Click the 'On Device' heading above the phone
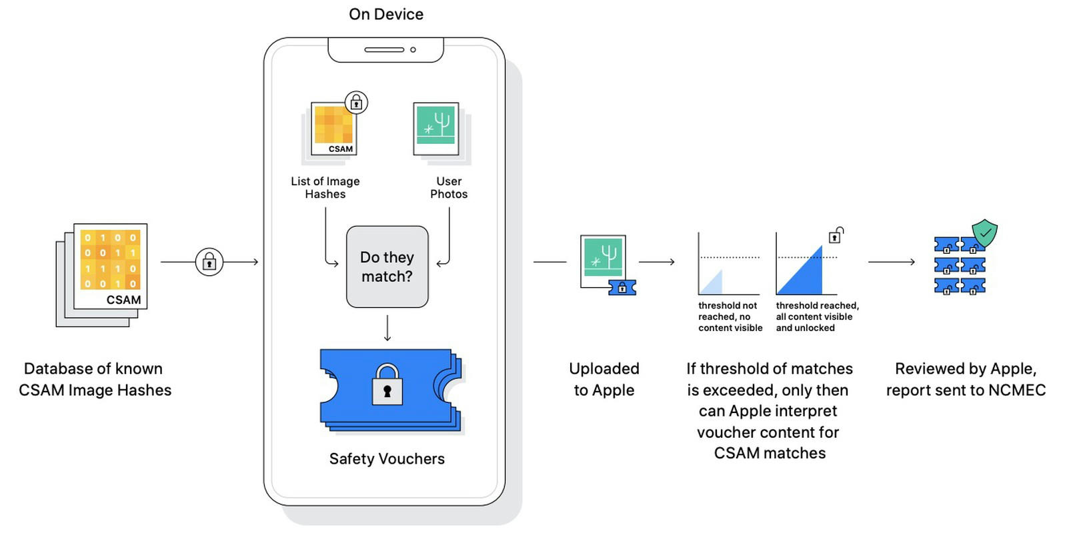386,14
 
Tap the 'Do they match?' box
387,266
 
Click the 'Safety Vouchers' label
387,459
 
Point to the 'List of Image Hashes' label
325,187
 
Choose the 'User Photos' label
449,187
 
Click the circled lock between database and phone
209,262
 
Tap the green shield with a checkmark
984,233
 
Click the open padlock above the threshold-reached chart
836,235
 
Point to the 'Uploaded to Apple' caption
604,379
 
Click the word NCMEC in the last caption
1017,390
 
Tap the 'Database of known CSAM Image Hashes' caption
95,379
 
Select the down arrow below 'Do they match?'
387,328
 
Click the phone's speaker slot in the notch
384,49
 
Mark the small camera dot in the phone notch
413,49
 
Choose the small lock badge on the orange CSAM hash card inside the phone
356,103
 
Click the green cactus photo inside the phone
436,129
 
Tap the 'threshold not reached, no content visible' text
730,316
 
